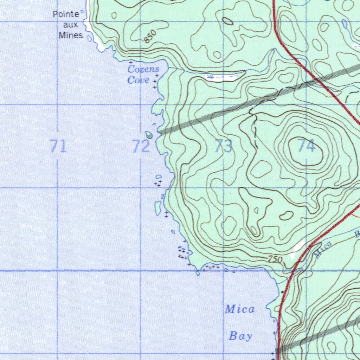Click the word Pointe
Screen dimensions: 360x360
click(66, 14)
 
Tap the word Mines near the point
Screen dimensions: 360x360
click(71, 35)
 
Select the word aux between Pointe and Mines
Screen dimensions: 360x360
click(71, 25)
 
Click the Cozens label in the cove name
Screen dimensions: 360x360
click(143, 69)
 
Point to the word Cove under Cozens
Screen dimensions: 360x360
click(138, 80)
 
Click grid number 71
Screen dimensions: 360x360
click(58, 146)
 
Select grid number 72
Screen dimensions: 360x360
click(141, 146)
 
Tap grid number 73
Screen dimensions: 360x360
click(224, 146)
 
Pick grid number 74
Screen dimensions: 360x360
click(306, 145)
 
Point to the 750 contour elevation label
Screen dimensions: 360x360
click(275, 259)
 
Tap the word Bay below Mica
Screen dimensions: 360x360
click(241, 336)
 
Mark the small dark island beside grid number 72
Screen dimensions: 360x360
click(149, 135)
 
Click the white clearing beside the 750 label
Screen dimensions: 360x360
click(297, 250)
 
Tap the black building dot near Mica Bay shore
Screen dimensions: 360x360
click(282, 292)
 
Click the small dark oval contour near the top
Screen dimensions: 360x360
click(227, 21)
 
